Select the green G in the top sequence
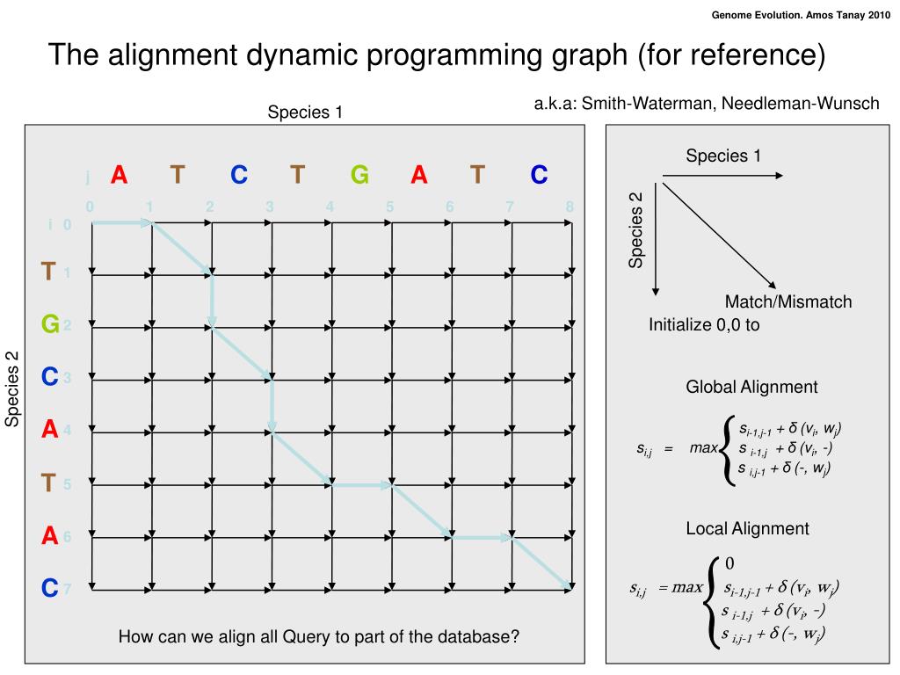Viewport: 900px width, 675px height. [x=359, y=175]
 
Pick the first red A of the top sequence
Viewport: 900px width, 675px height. [x=120, y=175]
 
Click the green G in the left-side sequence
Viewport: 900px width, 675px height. [x=50, y=324]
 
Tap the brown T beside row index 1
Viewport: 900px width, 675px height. [x=49, y=272]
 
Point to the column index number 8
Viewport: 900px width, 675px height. [x=570, y=207]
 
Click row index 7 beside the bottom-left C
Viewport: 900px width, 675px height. [x=66, y=589]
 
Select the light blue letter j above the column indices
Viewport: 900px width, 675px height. [x=88, y=178]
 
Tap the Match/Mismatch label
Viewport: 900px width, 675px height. [x=788, y=302]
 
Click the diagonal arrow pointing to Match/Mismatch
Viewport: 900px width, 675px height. [x=719, y=234]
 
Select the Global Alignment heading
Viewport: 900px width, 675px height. [x=751, y=387]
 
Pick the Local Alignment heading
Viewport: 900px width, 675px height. [x=747, y=528]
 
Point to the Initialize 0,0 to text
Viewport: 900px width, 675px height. [x=704, y=324]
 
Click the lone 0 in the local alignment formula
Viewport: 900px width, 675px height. [x=729, y=563]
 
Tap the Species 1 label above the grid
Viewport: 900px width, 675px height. [x=305, y=112]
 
